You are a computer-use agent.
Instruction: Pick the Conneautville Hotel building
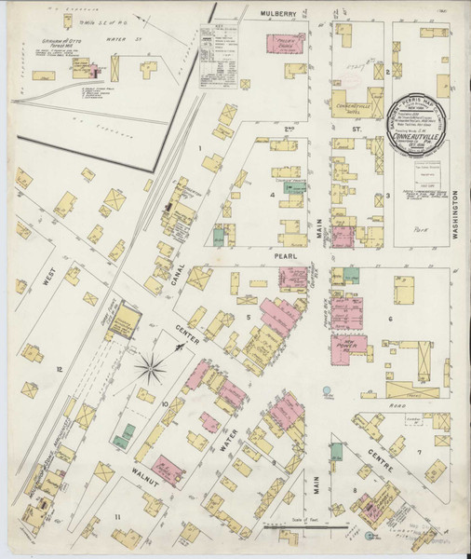tap(352, 101)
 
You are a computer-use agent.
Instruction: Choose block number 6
tap(390, 319)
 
